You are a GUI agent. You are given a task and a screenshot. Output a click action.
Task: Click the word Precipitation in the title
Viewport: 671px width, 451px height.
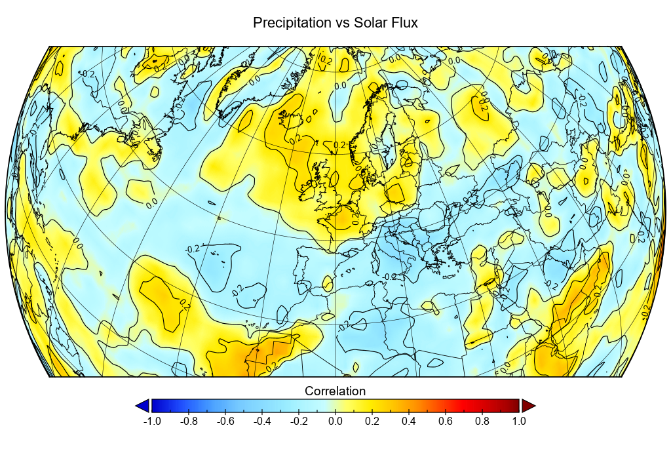tap(292, 23)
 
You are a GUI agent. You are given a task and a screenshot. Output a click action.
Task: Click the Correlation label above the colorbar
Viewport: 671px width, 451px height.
tap(335, 391)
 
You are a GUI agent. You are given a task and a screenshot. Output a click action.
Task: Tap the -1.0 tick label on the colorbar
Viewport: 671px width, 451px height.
tap(151, 422)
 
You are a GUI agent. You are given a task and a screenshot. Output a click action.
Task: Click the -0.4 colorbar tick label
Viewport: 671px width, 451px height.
tap(261, 422)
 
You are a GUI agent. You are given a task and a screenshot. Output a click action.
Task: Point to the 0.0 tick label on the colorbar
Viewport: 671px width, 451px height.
tap(335, 422)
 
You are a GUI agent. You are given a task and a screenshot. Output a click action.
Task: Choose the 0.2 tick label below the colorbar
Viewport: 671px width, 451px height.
tap(372, 422)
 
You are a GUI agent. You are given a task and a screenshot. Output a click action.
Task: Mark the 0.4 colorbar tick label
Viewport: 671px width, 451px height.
tap(409, 422)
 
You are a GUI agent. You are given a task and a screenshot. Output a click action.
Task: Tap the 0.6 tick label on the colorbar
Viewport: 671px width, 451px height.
tap(446, 422)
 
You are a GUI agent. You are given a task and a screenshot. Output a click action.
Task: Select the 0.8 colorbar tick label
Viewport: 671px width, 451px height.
tap(482, 422)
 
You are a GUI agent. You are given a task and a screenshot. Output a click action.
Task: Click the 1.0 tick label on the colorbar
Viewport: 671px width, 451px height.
tap(519, 422)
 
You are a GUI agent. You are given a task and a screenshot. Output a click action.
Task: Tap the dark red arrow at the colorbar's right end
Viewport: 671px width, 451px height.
tap(528, 406)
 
